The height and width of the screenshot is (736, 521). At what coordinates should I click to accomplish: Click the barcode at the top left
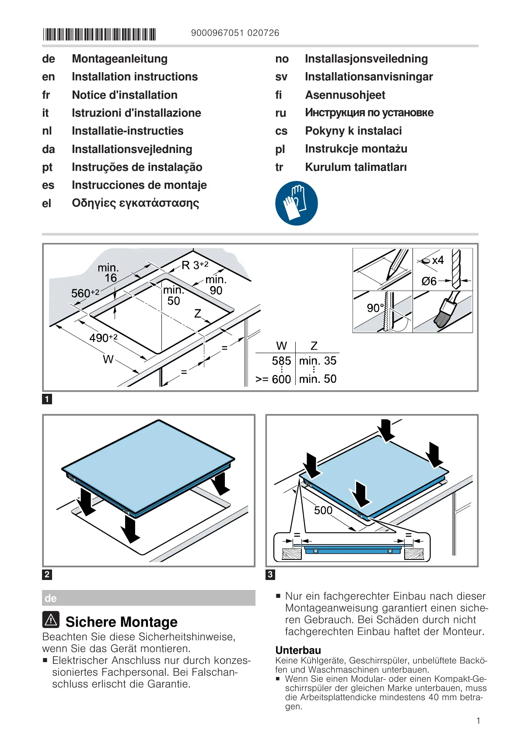[99, 34]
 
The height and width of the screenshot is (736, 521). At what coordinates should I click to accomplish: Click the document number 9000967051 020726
[235, 33]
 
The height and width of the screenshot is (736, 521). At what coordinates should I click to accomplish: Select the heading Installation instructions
[135, 77]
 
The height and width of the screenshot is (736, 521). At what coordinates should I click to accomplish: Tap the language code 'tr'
[279, 167]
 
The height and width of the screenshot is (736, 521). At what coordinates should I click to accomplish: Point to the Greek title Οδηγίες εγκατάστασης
[136, 203]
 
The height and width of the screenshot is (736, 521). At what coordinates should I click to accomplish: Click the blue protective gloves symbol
[297, 203]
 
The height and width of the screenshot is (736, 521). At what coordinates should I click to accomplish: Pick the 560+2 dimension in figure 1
[85, 293]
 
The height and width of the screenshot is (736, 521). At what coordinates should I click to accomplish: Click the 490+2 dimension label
[103, 338]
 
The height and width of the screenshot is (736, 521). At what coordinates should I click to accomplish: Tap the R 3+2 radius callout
[195, 265]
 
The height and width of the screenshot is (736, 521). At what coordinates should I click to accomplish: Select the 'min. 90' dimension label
[216, 285]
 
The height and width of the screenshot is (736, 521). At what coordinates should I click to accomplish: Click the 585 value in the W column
[281, 361]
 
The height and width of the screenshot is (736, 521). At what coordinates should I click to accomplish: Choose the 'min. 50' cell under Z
[318, 379]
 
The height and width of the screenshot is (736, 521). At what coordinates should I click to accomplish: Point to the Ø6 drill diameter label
[429, 281]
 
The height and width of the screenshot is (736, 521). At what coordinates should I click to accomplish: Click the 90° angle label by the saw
[375, 308]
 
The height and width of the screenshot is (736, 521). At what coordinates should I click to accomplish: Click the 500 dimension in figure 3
[323, 510]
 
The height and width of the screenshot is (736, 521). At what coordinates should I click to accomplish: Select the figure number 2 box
[47, 574]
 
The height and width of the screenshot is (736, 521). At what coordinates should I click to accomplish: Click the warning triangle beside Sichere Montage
[51, 619]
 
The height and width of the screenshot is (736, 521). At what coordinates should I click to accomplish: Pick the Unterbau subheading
[298, 650]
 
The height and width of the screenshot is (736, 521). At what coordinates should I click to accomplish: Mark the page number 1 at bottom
[478, 721]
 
